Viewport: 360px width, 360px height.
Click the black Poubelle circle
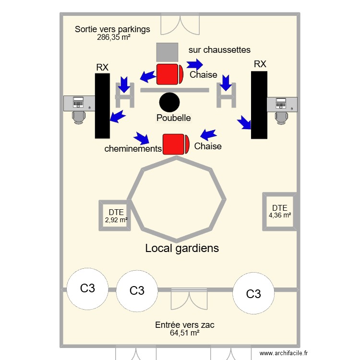click(x=169, y=102)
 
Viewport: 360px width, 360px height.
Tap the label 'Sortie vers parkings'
click(x=112, y=29)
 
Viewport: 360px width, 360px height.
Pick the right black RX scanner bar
click(x=259, y=105)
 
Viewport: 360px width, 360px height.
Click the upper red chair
click(x=169, y=74)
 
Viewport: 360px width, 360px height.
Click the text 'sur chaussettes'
click(x=219, y=49)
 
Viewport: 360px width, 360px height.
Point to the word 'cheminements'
click(x=133, y=149)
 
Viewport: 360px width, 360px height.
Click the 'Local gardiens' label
click(x=182, y=248)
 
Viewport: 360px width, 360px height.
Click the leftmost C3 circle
click(x=87, y=288)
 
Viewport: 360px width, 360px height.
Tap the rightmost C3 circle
click(x=253, y=294)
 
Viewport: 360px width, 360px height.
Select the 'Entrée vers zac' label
click(x=185, y=325)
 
